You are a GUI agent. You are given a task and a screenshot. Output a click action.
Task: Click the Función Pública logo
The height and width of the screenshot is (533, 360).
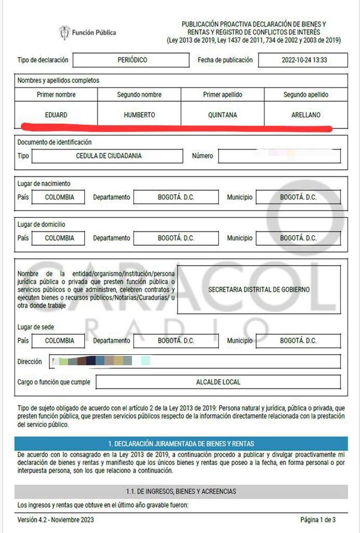point(88,33)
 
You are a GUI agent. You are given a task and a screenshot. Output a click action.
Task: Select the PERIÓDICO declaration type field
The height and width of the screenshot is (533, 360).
point(132,60)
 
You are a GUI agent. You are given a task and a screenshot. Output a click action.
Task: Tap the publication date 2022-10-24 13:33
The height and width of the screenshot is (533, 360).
point(303,60)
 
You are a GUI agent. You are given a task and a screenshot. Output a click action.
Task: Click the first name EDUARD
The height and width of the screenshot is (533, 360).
point(56,115)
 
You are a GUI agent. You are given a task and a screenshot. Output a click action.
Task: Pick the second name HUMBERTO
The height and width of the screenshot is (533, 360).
point(140,115)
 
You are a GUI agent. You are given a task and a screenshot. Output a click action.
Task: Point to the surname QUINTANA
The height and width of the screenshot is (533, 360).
point(223,115)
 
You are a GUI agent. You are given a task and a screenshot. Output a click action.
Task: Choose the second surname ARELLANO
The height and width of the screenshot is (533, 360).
point(306,115)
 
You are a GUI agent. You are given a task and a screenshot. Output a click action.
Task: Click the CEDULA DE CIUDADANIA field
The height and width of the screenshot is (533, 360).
point(108,156)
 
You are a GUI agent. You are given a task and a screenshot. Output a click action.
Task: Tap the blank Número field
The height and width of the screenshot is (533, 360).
point(279,156)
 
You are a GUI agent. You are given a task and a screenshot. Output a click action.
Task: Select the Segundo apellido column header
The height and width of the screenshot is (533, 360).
point(306,95)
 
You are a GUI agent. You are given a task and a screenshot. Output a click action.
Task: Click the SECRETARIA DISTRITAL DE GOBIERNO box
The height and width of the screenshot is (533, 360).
point(259,289)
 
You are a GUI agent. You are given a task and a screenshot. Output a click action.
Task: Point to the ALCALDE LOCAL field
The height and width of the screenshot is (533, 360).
point(218,382)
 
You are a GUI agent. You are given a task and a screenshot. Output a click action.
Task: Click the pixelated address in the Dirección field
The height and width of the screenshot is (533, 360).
point(100,361)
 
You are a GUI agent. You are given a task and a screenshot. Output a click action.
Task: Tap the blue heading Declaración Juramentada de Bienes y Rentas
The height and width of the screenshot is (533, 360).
point(181,444)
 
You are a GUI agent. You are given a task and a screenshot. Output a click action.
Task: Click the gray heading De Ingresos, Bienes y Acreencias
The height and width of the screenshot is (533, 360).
point(181,491)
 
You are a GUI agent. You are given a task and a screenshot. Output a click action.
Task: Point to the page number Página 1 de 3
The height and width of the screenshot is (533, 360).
point(318,519)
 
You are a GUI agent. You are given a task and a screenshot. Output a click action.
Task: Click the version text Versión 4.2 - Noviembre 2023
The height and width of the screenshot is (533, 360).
point(55,519)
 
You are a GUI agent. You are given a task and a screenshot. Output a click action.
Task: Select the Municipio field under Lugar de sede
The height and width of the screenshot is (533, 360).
point(298,340)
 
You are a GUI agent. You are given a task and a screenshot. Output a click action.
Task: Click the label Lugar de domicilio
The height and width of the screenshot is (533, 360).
point(44,225)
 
